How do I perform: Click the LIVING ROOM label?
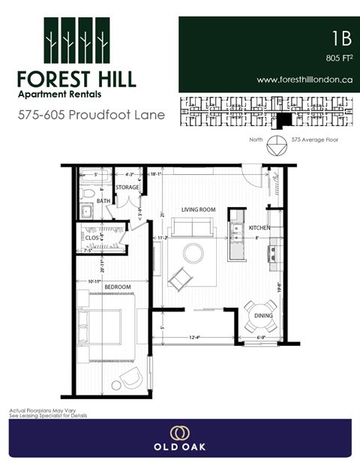(198, 209)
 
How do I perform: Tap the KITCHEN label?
(259, 227)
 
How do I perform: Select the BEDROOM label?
(118, 287)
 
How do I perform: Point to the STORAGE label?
(128, 188)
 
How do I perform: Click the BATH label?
(103, 201)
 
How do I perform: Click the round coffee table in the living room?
(193, 254)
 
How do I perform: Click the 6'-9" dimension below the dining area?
(260, 338)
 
